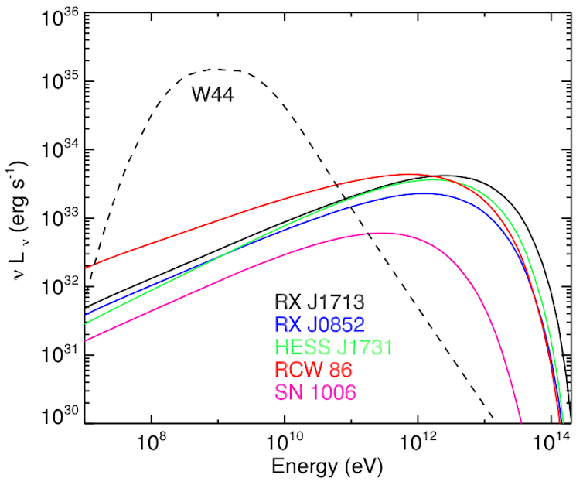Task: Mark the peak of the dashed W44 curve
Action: (219, 69)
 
